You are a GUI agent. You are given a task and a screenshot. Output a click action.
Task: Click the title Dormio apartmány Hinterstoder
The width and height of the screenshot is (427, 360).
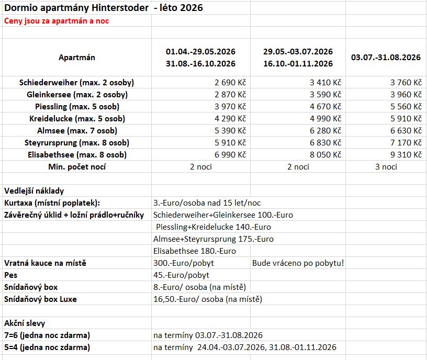coord(76,8)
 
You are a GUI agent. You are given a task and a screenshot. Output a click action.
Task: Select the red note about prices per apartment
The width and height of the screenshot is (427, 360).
coord(57,21)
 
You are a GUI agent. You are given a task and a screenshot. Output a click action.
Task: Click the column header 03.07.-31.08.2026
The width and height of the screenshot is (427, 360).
coord(386,58)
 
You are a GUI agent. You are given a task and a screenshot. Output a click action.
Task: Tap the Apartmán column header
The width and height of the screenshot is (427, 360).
coord(76,58)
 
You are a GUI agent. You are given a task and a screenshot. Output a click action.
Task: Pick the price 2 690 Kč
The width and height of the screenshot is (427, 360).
coord(230,83)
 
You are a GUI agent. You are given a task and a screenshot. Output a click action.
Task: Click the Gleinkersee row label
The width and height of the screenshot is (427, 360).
coord(77,95)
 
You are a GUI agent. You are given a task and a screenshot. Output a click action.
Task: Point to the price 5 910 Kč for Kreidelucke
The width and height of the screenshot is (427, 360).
coord(406,119)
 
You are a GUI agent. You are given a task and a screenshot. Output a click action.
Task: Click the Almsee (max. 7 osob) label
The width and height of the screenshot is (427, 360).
coord(77,131)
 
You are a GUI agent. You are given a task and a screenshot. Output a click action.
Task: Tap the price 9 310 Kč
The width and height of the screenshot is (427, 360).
coord(406,155)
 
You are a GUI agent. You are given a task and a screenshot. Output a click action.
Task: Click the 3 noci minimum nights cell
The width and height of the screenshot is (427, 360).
coord(386,167)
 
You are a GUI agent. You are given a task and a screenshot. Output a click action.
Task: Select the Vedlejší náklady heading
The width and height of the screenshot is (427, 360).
coord(34,191)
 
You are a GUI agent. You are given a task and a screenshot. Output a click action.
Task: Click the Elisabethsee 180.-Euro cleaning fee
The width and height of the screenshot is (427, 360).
coord(194,251)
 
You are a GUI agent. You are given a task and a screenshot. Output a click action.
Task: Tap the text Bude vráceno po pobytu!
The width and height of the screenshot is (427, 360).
coord(298,263)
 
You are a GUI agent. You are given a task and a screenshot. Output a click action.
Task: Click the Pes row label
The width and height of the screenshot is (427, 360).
coord(10,275)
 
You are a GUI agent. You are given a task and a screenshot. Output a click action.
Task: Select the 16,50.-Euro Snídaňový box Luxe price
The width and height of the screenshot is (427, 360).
coord(207,299)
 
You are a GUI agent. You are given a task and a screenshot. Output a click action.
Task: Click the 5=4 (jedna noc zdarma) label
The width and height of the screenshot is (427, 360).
coord(47,347)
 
